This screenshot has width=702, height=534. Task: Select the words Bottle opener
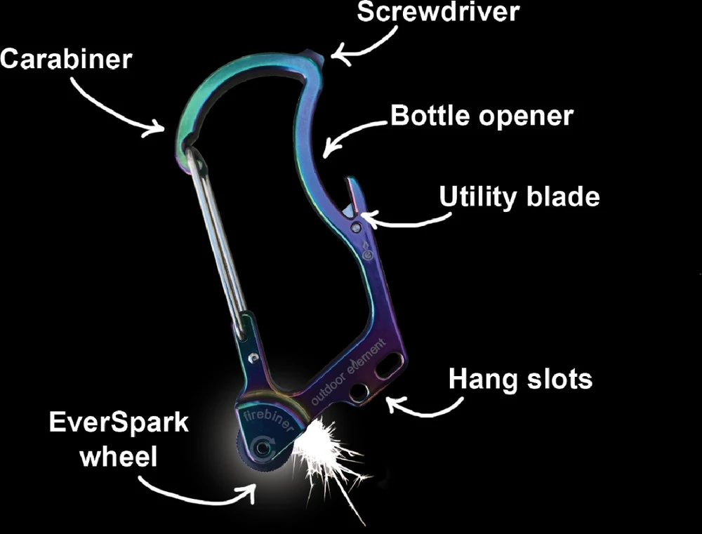(x=482, y=116)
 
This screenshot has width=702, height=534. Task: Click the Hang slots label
(x=520, y=380)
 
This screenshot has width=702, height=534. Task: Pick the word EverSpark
(x=119, y=423)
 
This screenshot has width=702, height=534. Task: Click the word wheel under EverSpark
(x=119, y=458)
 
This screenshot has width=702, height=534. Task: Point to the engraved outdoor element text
(x=349, y=372)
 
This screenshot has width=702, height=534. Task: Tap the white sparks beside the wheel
(x=323, y=449)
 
